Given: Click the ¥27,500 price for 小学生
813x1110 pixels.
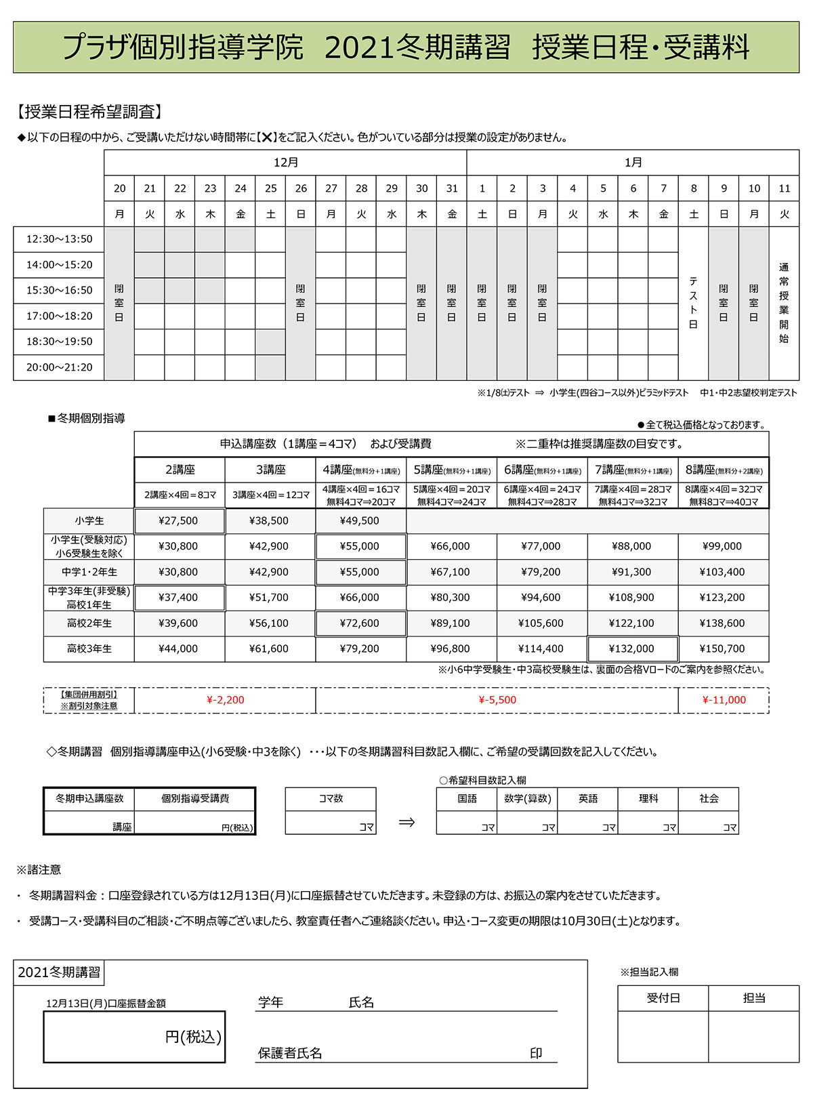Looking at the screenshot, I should [179, 520].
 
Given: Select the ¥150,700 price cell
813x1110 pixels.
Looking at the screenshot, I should [722, 649].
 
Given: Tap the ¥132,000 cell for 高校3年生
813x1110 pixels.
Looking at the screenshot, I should [632, 649].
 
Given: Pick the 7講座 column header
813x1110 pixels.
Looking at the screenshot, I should [632, 470].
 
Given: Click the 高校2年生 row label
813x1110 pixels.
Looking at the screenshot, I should [89, 623].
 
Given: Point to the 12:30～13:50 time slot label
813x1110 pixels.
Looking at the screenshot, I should [59, 239].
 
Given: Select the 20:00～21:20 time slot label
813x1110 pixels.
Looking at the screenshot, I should [59, 367].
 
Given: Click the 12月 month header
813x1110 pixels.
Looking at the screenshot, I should [285, 163].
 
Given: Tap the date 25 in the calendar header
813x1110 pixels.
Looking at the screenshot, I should [270, 188].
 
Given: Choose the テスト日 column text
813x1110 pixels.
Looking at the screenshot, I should [693, 303].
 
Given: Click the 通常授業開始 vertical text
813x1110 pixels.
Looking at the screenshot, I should [784, 303].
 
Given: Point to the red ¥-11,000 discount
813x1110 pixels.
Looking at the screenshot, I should [724, 700].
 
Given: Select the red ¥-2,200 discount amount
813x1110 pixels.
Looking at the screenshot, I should [225, 700].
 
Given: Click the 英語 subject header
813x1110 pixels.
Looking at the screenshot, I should [587, 798].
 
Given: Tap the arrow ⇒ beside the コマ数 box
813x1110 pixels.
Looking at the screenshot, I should [406, 822].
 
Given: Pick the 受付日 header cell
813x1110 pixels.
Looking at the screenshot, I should [663, 998].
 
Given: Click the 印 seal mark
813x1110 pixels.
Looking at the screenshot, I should [536, 1053].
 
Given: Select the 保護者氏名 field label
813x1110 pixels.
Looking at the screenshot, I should [290, 1053].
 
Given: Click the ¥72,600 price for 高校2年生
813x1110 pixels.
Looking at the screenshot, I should [360, 623].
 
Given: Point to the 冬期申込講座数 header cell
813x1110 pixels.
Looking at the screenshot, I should [89, 798].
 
